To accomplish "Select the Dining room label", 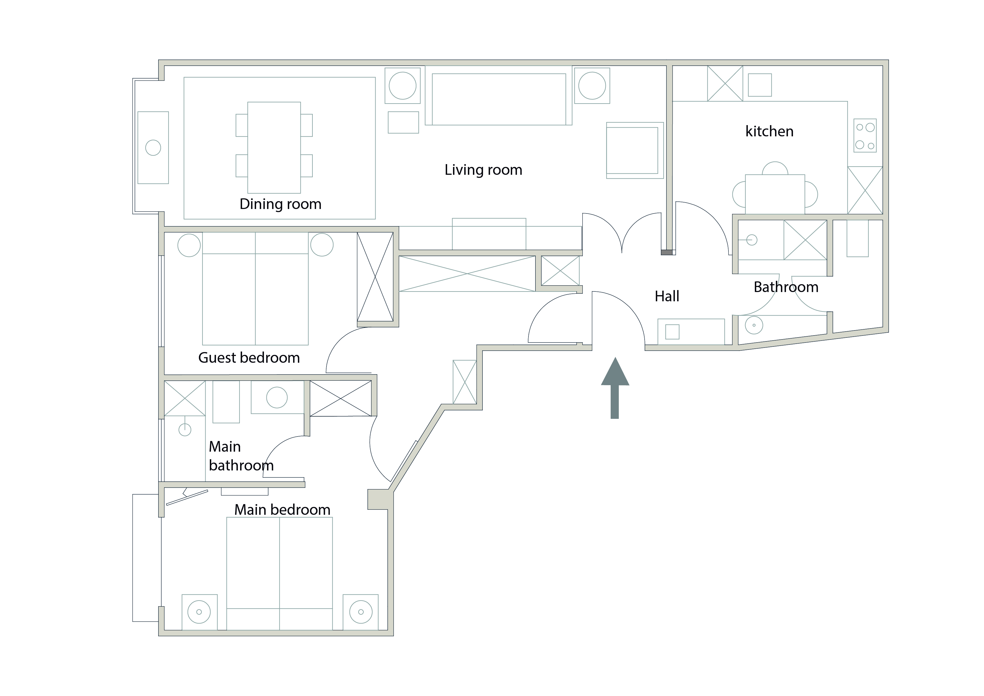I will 280,204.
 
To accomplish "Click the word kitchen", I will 769,131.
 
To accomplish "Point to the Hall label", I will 667,296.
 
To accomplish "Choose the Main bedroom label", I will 282,509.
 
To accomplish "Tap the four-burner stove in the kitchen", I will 865,136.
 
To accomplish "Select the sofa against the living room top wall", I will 498,99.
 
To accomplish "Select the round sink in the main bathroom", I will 277,398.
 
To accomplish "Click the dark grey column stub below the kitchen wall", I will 666,252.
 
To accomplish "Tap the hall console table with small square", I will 691,331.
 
